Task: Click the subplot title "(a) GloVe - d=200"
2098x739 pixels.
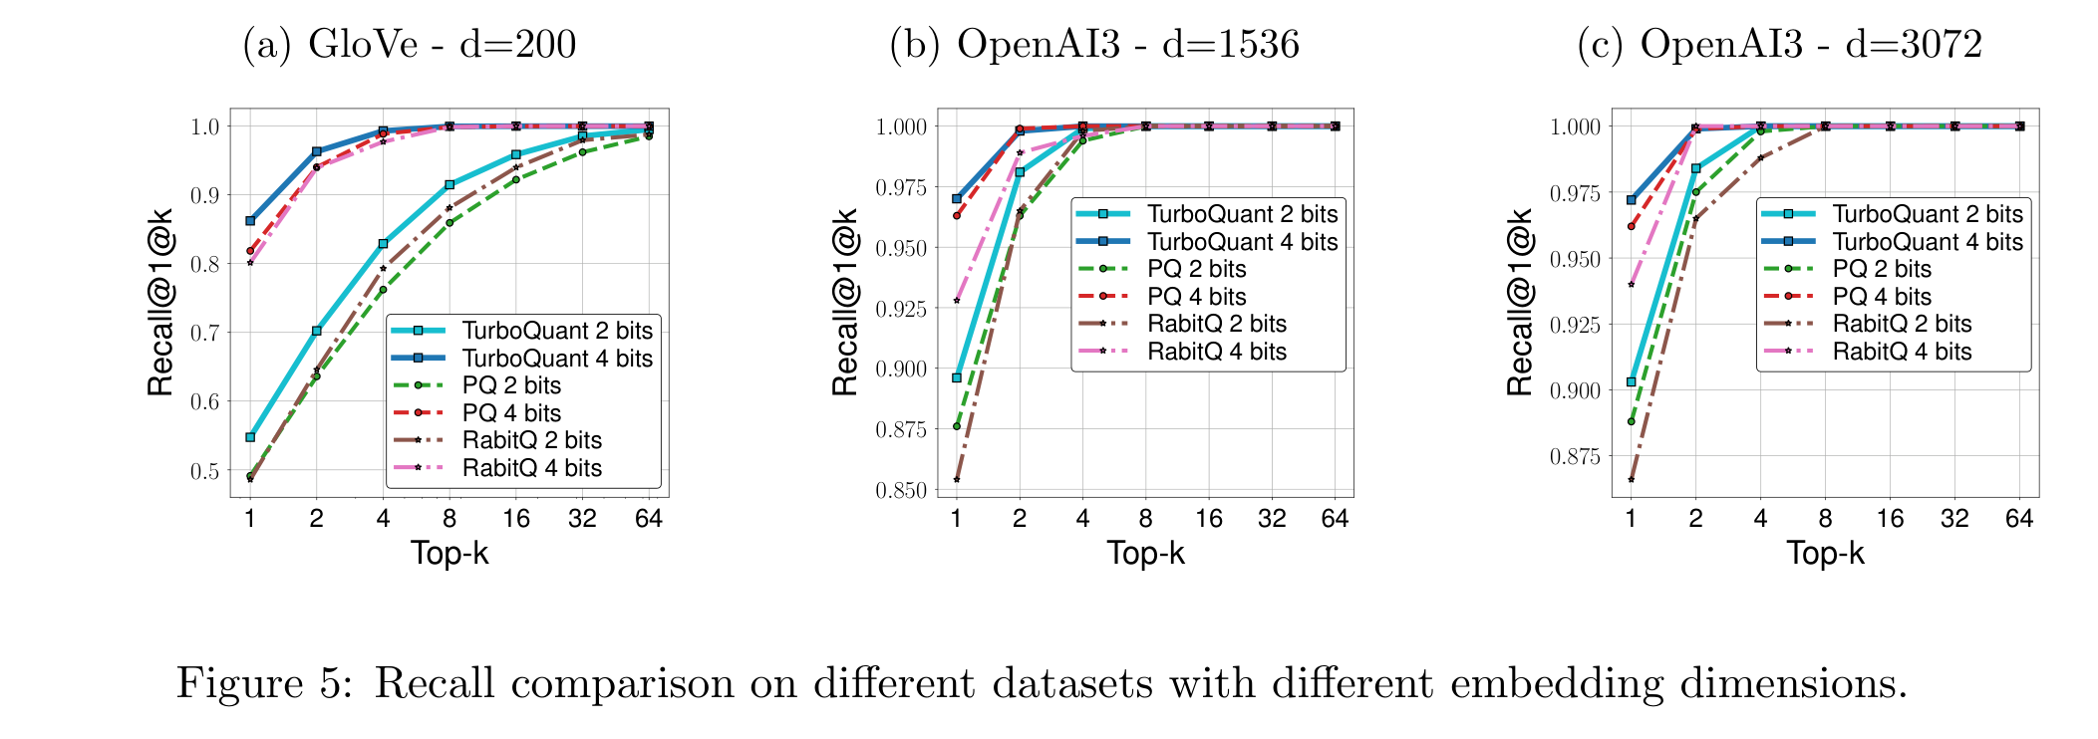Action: tap(410, 45)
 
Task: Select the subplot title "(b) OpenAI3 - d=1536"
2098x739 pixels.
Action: tap(1094, 45)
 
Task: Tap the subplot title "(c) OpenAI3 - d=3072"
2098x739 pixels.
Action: tap(1779, 45)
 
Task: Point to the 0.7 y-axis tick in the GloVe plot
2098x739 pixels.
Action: tap(205, 333)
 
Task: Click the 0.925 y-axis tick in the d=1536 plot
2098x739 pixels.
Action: tap(901, 309)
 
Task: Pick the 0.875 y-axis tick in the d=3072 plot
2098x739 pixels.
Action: tap(1576, 456)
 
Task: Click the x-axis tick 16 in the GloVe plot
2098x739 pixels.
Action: tap(516, 519)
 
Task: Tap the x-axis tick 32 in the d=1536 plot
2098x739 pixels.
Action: tap(1272, 519)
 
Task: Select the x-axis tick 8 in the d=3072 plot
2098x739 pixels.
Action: tap(1825, 519)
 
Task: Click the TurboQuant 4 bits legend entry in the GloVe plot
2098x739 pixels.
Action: tap(522, 359)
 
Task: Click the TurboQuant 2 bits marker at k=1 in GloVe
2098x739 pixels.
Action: tap(250, 437)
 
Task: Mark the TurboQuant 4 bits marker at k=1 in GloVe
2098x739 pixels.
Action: tap(250, 221)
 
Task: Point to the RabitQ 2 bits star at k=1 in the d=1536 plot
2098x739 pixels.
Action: tap(957, 480)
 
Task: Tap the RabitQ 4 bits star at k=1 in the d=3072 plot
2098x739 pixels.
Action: tap(1632, 285)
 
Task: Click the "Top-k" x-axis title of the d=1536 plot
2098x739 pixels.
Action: tap(1146, 553)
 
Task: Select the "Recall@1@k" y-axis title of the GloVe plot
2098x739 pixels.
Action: tap(161, 303)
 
